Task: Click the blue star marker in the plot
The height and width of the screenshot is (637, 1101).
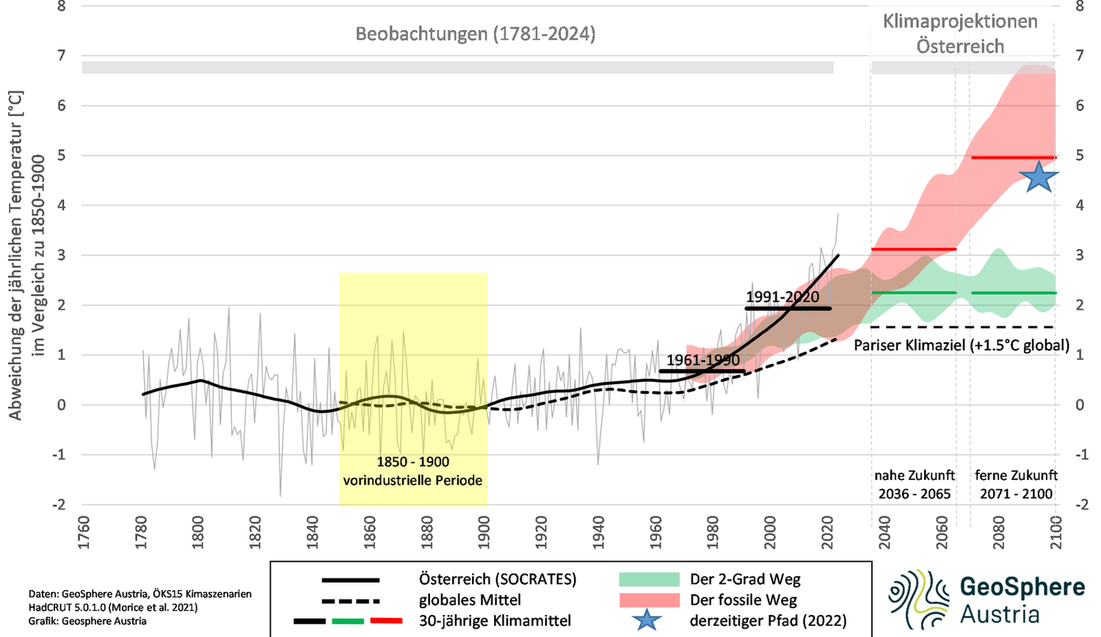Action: click(1039, 177)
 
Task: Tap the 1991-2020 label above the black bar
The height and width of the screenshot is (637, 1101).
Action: click(782, 297)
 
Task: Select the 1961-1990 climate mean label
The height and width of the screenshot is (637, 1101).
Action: click(703, 360)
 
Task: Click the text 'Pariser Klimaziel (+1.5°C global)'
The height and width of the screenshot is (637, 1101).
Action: click(962, 345)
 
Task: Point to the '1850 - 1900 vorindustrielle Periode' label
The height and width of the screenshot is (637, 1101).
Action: click(413, 471)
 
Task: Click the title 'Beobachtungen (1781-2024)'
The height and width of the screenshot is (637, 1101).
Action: click(475, 34)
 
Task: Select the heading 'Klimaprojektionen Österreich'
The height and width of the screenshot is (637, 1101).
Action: click(960, 34)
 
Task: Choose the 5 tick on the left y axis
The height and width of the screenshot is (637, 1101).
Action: click(61, 155)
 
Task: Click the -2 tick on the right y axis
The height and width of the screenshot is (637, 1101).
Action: click(1080, 505)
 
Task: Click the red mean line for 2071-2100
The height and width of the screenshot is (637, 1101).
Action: click(1013, 157)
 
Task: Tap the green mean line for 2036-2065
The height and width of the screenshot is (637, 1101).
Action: click(914, 292)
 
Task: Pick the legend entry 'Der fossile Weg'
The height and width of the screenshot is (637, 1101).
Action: click(743, 600)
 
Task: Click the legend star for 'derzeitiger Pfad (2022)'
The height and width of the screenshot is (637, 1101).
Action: click(646, 620)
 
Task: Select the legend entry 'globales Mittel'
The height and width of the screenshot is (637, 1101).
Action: click(470, 600)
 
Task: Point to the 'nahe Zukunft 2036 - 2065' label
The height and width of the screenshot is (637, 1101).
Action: click(914, 484)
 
